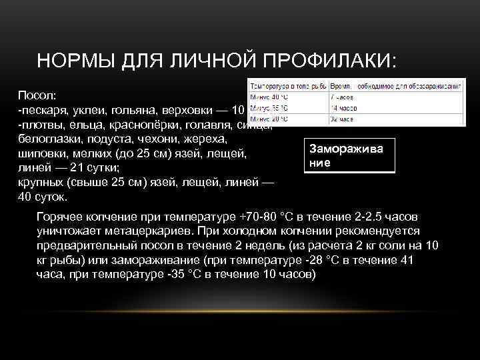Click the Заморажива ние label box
[x=349, y=156]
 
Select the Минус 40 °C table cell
[x=267, y=97]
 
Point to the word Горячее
[x=62, y=217]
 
